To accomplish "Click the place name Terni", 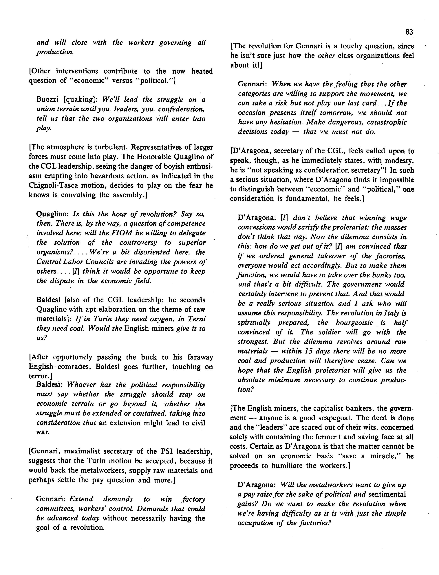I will [x=197, y=319].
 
